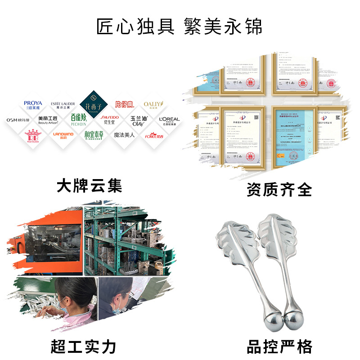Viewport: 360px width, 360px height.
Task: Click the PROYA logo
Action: click(32, 105)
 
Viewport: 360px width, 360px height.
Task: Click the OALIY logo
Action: click(153, 105)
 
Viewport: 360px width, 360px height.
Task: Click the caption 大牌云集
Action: click(90, 185)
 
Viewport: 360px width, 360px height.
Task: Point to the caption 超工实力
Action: click(84, 346)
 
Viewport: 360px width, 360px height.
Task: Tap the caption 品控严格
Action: click(279, 346)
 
